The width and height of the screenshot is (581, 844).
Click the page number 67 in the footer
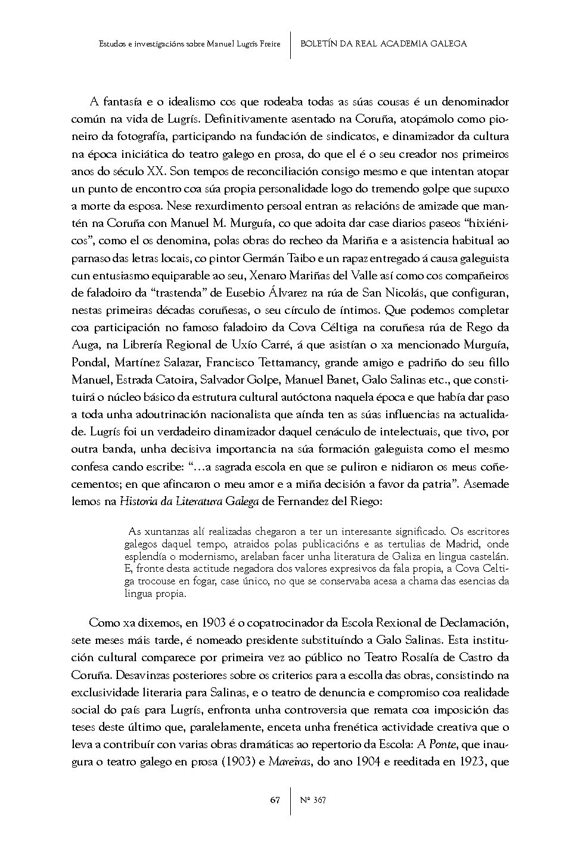[275, 800]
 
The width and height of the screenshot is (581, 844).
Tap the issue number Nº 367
[313, 800]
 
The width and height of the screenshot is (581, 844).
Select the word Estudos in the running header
[110, 43]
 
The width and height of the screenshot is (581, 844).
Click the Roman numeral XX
[156, 172]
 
